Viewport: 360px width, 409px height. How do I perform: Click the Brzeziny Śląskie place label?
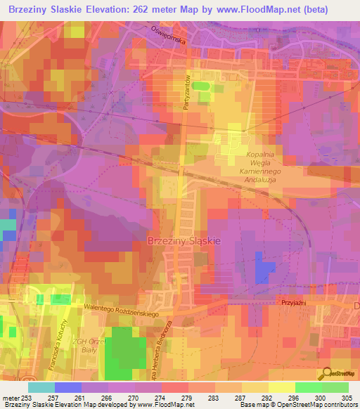pyautogui.click(x=184, y=240)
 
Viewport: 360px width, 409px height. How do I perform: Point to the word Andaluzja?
pyautogui.click(x=264, y=178)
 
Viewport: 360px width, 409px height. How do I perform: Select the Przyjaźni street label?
pyautogui.click(x=290, y=297)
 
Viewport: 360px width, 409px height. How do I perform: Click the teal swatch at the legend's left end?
pyautogui.click(x=41, y=387)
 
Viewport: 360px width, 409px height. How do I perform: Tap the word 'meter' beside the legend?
pyautogui.click(x=11, y=398)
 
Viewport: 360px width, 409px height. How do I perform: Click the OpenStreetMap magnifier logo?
pyautogui.click(x=324, y=373)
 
